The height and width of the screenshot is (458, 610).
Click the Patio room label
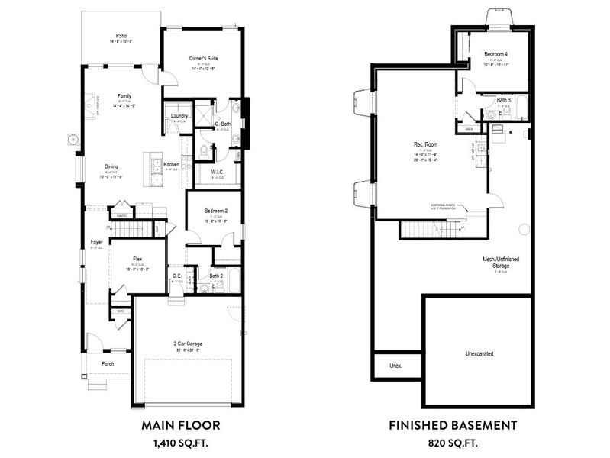click(x=121, y=36)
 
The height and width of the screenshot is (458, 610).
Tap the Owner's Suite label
click(x=203, y=58)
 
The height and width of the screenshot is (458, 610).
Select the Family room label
click(x=124, y=96)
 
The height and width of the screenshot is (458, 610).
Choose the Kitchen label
click(x=171, y=164)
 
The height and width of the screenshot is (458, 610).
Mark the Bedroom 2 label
click(x=216, y=211)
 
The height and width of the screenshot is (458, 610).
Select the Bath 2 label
click(x=216, y=276)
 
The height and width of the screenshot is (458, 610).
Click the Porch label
click(x=108, y=363)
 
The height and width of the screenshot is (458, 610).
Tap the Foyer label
click(x=96, y=241)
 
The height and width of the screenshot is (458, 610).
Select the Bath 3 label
click(x=503, y=100)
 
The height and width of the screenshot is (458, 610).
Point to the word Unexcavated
click(x=479, y=355)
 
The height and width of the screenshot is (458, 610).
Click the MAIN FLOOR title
click(x=181, y=424)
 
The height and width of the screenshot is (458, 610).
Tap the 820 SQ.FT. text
click(x=453, y=442)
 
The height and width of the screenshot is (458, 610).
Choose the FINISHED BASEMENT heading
click(x=453, y=424)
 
